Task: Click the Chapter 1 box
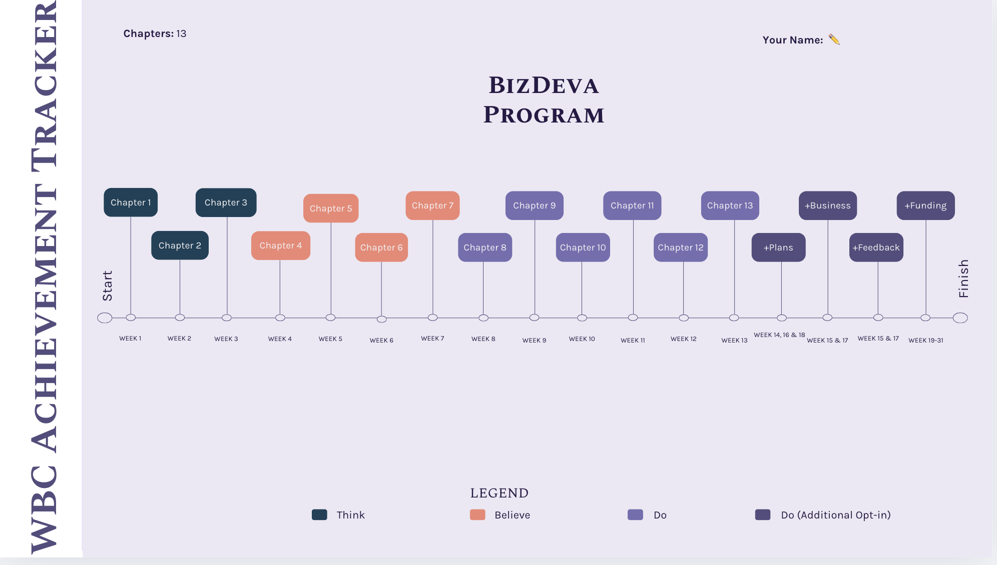[131, 202]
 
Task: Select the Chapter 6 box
[381, 247]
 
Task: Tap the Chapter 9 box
[535, 205]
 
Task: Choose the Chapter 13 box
[730, 205]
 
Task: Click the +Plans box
[778, 247]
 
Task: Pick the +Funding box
[926, 205]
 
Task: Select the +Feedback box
[876, 247]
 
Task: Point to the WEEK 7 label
[432, 338]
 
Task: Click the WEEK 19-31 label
[926, 340]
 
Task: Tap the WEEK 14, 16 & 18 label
[779, 335]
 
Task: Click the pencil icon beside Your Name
[834, 39]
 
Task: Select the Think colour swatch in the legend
[319, 515]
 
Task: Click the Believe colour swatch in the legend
[477, 515]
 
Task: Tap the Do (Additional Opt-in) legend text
[836, 515]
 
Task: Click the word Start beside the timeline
[107, 285]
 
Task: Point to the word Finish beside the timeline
[963, 278]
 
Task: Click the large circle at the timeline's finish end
[960, 318]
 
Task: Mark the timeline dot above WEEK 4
[280, 318]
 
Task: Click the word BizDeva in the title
[544, 85]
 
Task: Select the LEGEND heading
[500, 493]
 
